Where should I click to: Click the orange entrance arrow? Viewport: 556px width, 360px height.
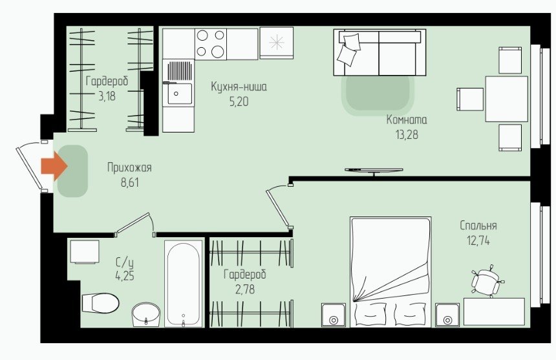(x=54, y=166)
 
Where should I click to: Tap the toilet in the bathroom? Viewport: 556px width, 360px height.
(x=100, y=303)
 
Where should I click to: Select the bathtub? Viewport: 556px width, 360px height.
(x=183, y=284)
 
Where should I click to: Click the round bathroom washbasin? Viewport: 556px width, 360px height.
(x=145, y=314)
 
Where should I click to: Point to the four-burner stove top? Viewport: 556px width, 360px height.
(x=211, y=44)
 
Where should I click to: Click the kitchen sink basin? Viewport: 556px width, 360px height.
(x=180, y=94)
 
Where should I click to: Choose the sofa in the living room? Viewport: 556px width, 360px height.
(x=380, y=52)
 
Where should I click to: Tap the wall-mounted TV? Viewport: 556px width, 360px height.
(x=374, y=171)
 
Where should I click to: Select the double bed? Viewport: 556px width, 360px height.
(x=390, y=271)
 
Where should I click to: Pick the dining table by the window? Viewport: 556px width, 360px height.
(x=506, y=99)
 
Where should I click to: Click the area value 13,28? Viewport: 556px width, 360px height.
(x=407, y=134)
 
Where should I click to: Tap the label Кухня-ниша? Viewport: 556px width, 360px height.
(x=239, y=87)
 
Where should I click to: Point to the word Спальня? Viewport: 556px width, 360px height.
(x=478, y=226)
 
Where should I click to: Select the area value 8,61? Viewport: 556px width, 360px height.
(x=130, y=182)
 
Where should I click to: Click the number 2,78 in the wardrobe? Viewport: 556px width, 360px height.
(x=245, y=290)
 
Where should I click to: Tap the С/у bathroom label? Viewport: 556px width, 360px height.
(x=125, y=262)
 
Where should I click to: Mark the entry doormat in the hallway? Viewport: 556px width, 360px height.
(x=72, y=171)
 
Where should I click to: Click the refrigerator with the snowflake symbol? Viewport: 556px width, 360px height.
(x=276, y=43)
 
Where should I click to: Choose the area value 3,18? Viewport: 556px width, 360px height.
(x=107, y=96)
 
